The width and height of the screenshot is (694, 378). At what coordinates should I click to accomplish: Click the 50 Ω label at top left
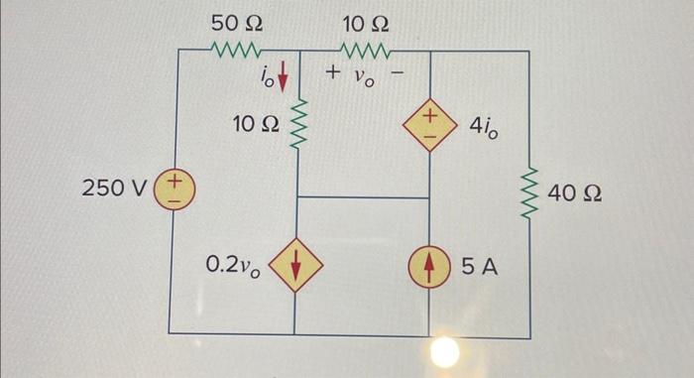(x=236, y=21)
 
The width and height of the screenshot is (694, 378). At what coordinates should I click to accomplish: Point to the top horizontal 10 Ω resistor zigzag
(x=366, y=50)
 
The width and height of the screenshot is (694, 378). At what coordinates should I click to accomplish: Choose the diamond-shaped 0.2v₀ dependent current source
(x=296, y=265)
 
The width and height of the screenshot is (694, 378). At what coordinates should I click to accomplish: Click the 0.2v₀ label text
(x=234, y=265)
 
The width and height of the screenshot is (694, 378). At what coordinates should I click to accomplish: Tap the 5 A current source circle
(x=429, y=265)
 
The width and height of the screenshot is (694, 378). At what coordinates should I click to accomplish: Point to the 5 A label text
(x=479, y=265)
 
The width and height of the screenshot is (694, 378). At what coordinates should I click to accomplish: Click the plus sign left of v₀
(x=333, y=74)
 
